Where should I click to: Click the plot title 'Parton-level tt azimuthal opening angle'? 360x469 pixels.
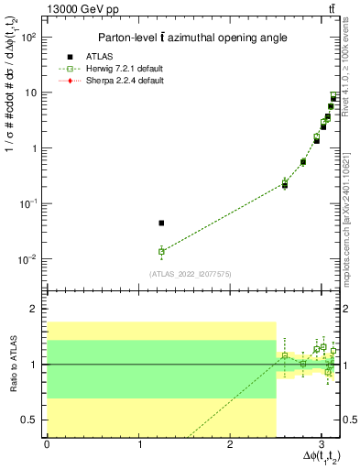187,38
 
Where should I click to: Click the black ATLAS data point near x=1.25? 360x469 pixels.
161,223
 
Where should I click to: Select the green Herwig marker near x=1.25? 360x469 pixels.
161,251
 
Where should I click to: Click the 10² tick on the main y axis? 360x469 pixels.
29,38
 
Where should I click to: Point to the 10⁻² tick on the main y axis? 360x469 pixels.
29,259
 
